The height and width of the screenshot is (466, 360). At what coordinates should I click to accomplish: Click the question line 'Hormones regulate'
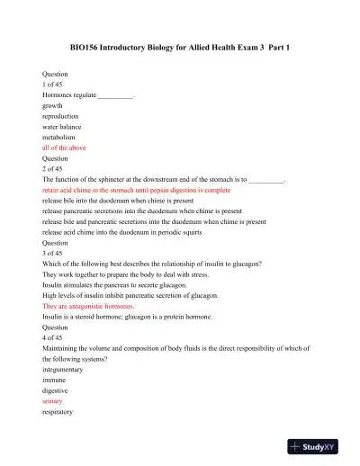pyautogui.click(x=88, y=94)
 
